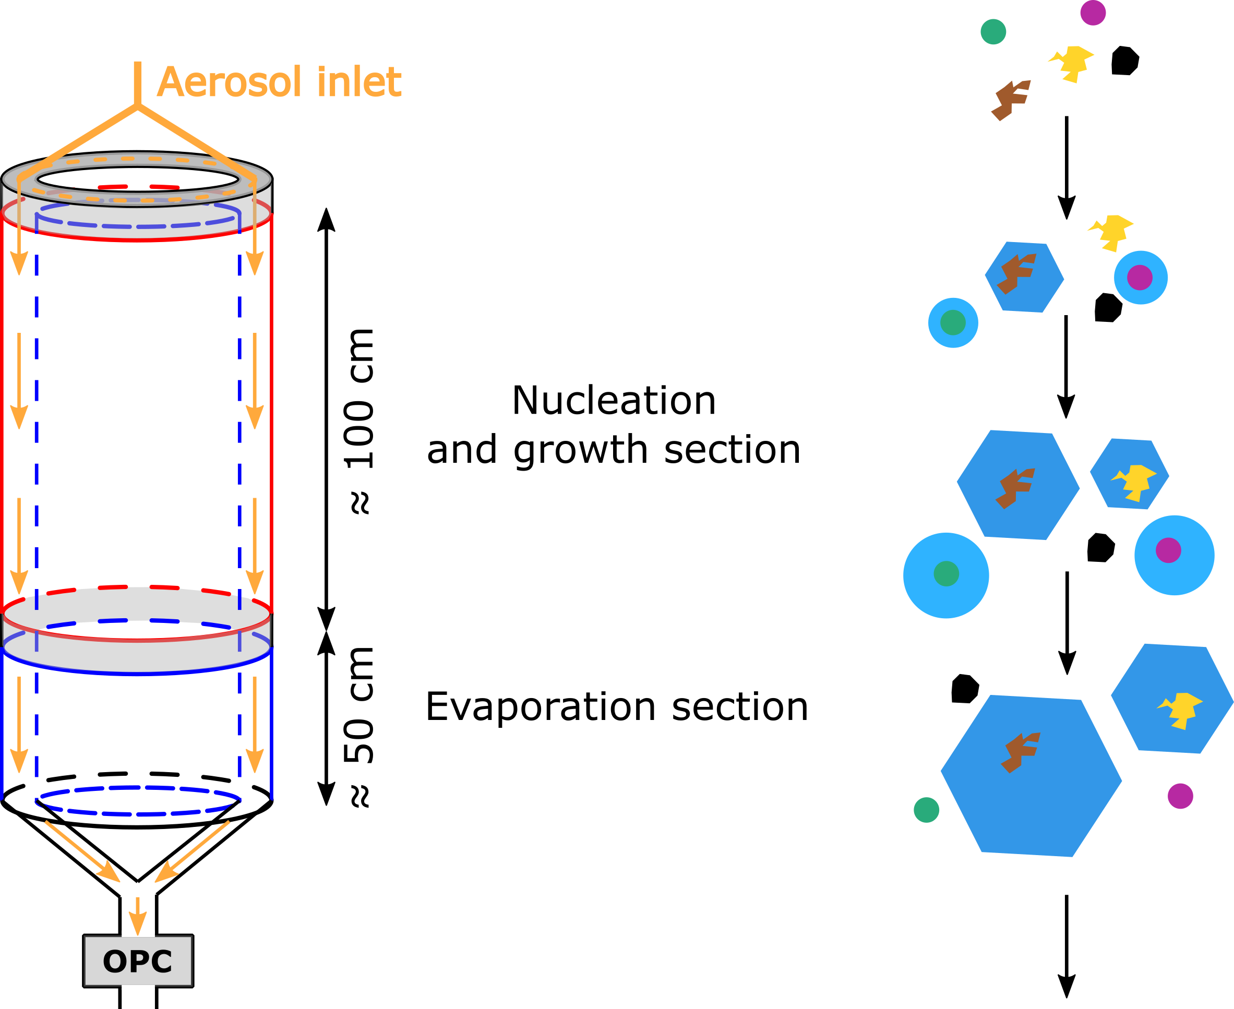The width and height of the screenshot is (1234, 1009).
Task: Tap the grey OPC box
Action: point(138,962)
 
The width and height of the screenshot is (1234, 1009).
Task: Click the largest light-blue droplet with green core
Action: point(945,575)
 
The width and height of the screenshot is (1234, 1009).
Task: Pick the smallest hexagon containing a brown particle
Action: point(1024,277)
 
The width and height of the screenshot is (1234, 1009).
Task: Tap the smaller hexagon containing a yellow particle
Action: point(1129,474)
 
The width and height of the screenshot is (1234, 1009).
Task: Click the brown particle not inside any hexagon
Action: point(1011,100)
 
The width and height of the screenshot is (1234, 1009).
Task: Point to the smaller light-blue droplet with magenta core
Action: point(1141,278)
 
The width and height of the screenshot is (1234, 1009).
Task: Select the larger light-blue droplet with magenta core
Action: point(1174,555)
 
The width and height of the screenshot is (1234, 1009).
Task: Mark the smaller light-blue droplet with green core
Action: point(953,322)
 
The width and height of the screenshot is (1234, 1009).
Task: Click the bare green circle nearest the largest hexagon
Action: point(927,810)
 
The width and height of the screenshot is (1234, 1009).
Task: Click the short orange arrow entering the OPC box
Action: point(138,916)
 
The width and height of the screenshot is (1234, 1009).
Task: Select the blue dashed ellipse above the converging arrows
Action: point(138,801)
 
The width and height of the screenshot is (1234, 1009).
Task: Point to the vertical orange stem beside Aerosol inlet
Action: point(138,82)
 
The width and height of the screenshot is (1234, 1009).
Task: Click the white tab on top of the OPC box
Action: point(138,934)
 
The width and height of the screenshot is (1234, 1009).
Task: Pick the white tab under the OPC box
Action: point(138,988)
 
